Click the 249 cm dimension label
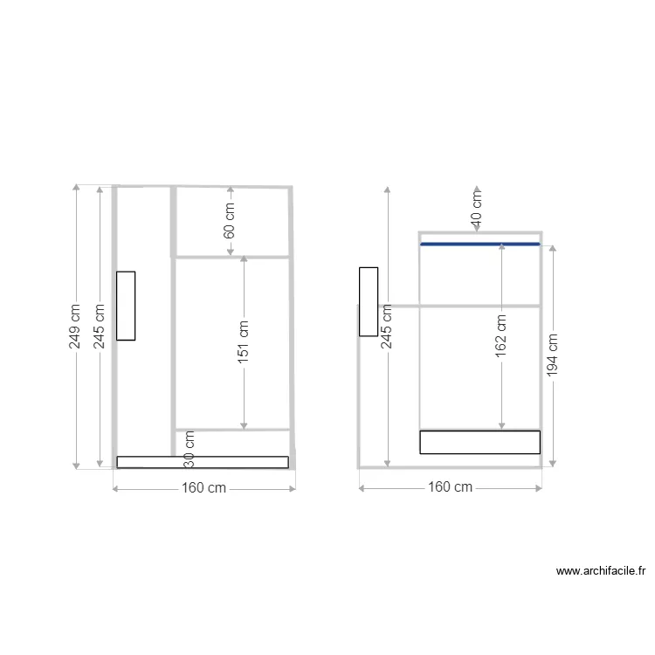[75, 327]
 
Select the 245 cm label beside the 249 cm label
[100, 327]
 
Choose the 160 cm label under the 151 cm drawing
[204, 488]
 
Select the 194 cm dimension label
[552, 356]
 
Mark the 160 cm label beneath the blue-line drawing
[451, 487]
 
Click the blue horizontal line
[480, 245]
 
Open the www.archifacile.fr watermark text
[601, 572]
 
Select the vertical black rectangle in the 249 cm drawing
[126, 306]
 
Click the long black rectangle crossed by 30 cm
[203, 462]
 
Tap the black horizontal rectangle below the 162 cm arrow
[479, 442]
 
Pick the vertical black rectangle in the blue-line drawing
[368, 301]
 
